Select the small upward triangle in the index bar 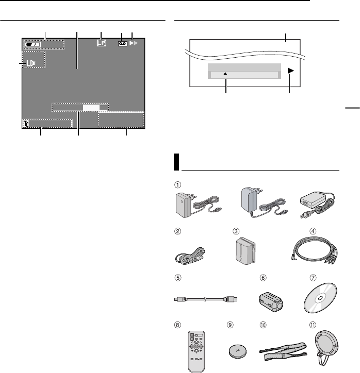pos(226,75)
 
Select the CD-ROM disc pos(321,299)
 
